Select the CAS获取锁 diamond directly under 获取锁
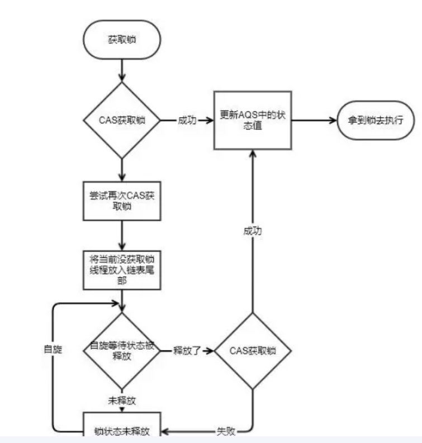coord(121,120)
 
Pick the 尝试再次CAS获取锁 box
coord(121,199)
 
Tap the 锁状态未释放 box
coord(121,430)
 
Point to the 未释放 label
coord(121,400)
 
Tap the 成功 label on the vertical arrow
coord(252,230)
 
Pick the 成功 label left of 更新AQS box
coord(187,120)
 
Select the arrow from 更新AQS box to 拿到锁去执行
coord(313,120)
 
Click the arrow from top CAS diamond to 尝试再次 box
coord(121,169)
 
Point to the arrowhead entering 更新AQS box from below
coord(252,153)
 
